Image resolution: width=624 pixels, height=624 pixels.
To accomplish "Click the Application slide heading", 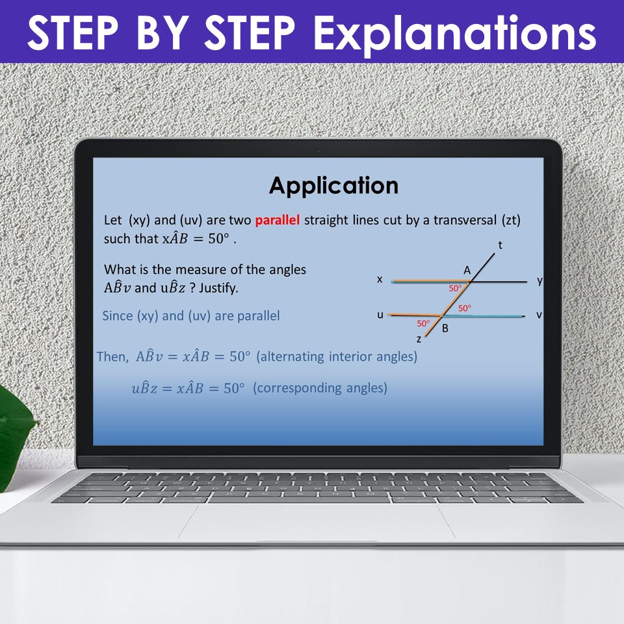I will click(x=333, y=186).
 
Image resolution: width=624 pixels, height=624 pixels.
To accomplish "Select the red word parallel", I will click(x=278, y=220).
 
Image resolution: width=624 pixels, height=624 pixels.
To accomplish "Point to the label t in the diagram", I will click(x=500, y=245).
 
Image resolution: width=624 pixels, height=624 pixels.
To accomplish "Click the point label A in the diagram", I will click(x=467, y=270).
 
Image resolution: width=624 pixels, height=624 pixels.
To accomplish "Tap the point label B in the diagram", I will click(x=445, y=328).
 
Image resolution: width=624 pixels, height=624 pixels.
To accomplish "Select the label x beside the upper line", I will click(x=380, y=279).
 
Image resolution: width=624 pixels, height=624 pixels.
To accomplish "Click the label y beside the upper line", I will click(x=539, y=280).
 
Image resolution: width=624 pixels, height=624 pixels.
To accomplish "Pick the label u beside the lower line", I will click(x=380, y=315).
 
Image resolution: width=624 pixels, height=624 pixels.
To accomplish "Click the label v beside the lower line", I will click(x=539, y=315).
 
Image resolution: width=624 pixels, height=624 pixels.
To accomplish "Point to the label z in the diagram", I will click(x=419, y=339).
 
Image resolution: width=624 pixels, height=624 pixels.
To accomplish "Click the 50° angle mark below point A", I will click(x=455, y=288).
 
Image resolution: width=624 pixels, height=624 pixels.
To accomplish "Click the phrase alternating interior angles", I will click(x=337, y=357).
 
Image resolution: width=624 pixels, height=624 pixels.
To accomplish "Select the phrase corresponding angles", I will click(x=320, y=389).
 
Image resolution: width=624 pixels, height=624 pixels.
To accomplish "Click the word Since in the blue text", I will click(x=117, y=316).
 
